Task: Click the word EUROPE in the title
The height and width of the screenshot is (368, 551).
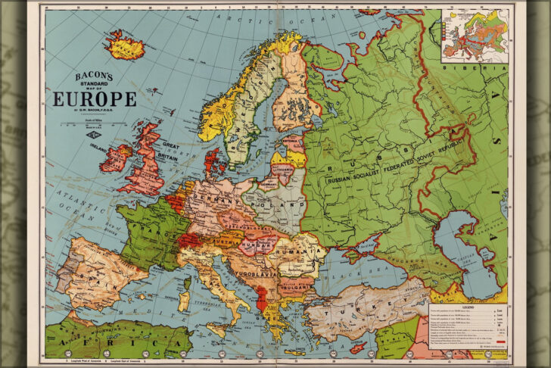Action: click(95, 99)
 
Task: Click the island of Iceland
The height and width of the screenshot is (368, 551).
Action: click(127, 46)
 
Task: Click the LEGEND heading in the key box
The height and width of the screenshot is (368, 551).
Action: click(467, 307)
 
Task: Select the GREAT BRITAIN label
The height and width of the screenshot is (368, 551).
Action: click(168, 151)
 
